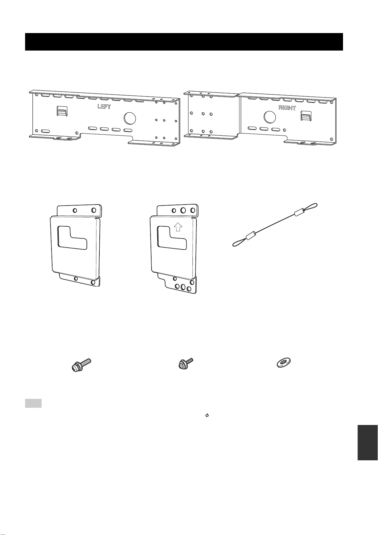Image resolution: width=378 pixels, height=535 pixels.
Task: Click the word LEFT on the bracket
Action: pos(104,106)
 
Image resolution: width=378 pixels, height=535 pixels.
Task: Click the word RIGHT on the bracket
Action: pos(287,108)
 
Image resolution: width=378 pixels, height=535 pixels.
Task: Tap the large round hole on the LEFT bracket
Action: pos(130,118)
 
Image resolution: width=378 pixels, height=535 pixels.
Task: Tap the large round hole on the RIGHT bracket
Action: pos(270,117)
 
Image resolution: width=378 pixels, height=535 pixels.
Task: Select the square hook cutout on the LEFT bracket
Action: pos(62,111)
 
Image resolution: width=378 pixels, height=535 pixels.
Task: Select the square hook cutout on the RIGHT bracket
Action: pos(306,116)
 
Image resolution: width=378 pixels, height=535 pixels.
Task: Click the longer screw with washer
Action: pos(81,365)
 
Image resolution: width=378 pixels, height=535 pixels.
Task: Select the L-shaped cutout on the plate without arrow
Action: pos(72,238)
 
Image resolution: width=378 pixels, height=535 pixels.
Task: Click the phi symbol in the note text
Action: pos(207,415)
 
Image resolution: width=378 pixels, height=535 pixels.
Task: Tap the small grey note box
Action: pos(33,403)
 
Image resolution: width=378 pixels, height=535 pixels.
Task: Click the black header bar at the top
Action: pos(184,42)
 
